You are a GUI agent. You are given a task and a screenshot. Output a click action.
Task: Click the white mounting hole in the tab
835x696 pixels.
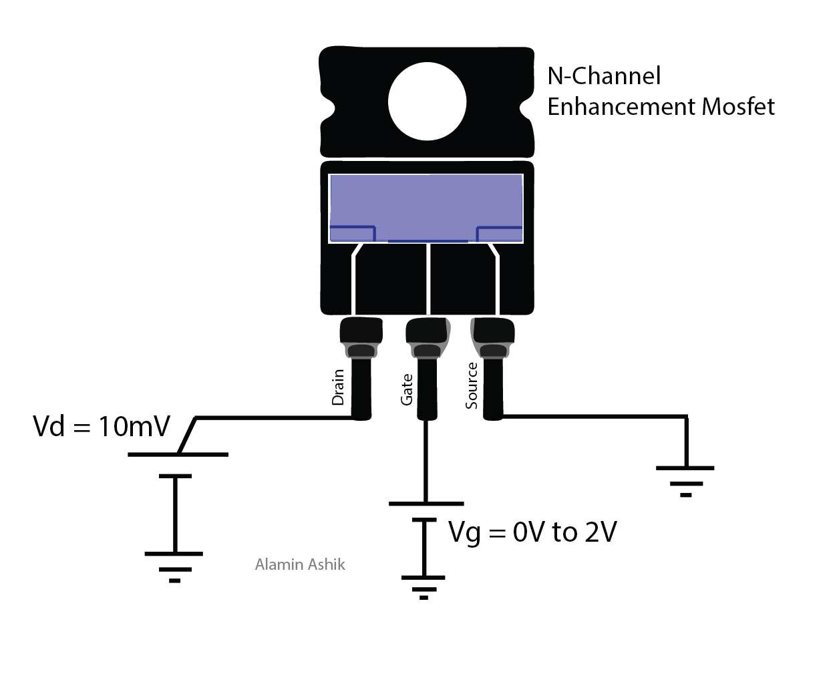[427, 102]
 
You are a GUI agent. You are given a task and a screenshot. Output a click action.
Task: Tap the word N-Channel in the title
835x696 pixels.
[604, 75]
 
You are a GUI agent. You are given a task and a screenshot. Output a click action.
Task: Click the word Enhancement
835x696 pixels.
[621, 106]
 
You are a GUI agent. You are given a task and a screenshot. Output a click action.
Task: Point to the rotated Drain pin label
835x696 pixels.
[338, 387]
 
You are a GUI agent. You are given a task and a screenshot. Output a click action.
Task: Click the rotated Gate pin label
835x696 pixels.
[406, 389]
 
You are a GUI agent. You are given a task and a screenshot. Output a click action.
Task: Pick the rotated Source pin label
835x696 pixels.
[472, 385]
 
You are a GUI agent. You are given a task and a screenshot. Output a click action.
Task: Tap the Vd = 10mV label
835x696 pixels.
[102, 425]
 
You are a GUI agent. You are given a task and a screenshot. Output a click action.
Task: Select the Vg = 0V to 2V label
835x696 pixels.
[532, 532]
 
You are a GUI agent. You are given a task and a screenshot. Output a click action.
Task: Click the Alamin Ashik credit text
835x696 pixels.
[300, 564]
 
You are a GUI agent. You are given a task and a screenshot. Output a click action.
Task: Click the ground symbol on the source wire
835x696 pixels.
[685, 480]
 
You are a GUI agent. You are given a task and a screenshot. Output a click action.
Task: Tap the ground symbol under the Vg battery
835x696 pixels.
[424, 586]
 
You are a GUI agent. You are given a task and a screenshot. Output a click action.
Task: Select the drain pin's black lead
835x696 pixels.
[361, 387]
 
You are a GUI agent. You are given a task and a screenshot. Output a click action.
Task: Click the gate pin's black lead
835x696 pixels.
[427, 387]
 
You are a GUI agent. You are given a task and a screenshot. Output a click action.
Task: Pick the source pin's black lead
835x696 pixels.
[493, 387]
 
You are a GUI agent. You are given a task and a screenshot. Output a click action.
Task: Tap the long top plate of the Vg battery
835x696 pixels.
[426, 504]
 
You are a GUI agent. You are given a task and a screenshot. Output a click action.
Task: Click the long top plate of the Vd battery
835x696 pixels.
[178, 454]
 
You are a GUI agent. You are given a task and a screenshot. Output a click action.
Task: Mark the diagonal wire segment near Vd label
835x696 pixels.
[187, 436]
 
